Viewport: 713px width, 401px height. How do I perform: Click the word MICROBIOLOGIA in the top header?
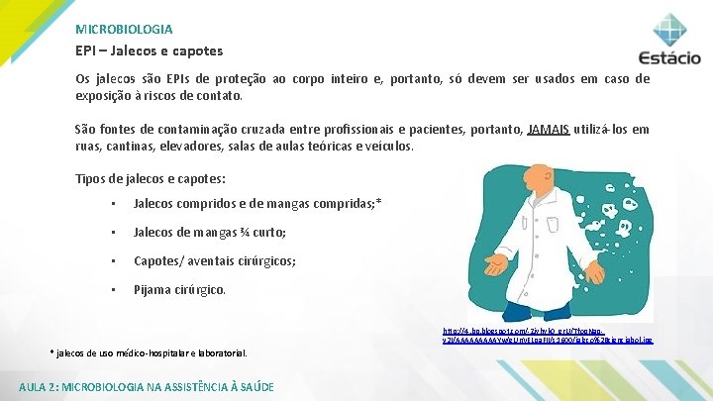(124, 30)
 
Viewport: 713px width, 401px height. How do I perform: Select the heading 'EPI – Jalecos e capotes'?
(150, 50)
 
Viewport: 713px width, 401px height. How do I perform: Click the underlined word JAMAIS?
(549, 129)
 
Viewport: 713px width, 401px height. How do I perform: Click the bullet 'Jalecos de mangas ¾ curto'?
(209, 233)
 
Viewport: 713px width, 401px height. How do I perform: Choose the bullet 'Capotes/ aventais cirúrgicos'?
(214, 262)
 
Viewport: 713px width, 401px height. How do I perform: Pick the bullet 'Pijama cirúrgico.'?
(179, 291)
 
